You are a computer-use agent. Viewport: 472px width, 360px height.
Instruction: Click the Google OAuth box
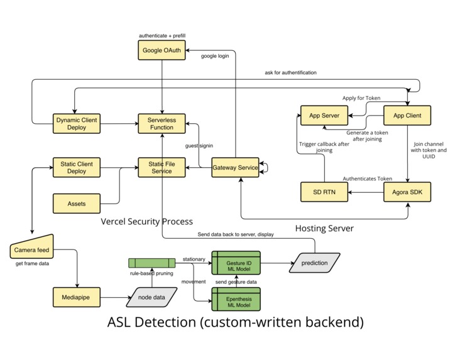coord(162,51)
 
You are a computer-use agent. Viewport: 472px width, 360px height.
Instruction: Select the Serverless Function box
coord(162,123)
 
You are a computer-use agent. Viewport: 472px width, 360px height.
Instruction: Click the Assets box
coord(76,204)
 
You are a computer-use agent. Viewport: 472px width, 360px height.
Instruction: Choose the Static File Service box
coord(162,168)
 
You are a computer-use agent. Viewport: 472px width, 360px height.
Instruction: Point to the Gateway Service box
coord(235,168)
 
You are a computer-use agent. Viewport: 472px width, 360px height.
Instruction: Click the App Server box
coord(325,116)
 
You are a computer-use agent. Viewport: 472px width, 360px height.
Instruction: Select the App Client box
coord(407,116)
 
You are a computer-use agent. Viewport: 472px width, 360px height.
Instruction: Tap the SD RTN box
coord(325,192)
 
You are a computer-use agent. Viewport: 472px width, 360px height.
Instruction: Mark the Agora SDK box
coord(407,192)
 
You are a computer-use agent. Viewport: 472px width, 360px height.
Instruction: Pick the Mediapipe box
coord(77,297)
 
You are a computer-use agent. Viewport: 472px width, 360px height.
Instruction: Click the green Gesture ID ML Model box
coord(235,263)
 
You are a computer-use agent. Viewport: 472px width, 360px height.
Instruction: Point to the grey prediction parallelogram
coord(314,263)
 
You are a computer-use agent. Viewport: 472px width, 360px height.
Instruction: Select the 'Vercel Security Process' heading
coord(147,222)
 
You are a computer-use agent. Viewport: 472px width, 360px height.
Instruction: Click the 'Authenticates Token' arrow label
coord(367,178)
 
